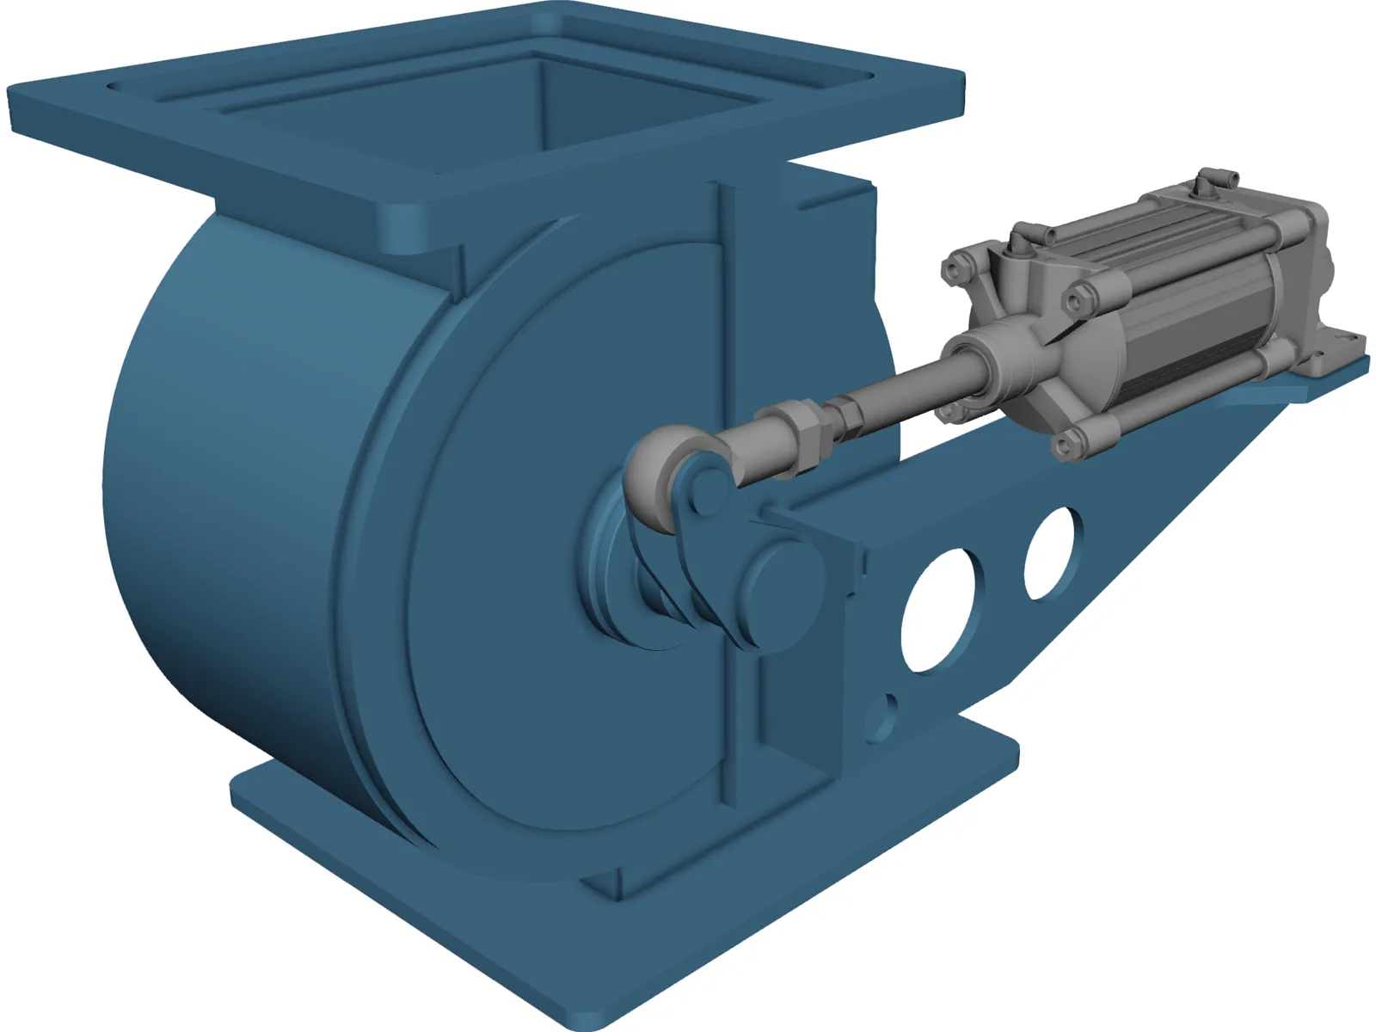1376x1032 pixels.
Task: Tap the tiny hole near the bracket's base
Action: click(883, 712)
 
